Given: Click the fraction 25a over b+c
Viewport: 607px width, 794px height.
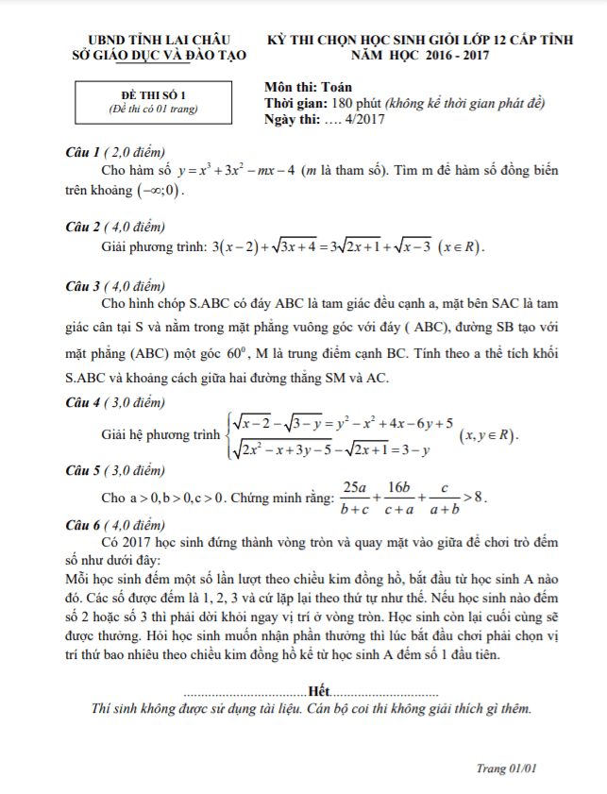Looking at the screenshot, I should click(355, 497).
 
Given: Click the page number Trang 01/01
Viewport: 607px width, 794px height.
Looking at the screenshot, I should click(506, 769).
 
